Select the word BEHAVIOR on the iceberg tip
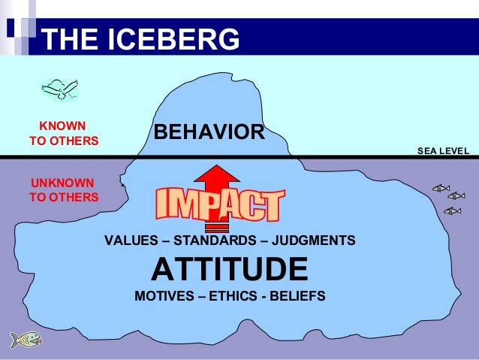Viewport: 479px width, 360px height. click(209, 133)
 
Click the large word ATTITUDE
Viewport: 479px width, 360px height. click(230, 268)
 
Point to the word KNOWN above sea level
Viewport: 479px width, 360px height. click(62, 126)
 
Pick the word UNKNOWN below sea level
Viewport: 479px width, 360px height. click(62, 183)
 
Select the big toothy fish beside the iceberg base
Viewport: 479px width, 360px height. click(25, 340)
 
